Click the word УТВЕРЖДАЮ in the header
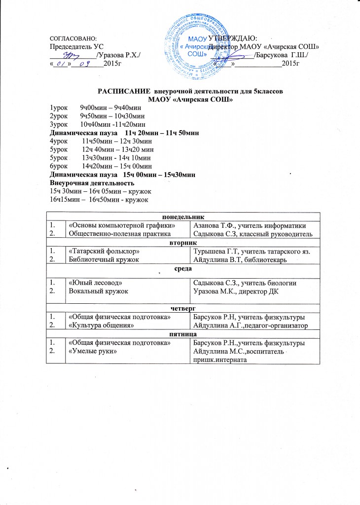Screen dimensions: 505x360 (x=237, y=38)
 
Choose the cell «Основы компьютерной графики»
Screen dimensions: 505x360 (x=122, y=225)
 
